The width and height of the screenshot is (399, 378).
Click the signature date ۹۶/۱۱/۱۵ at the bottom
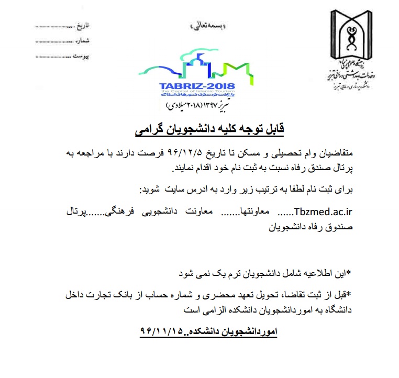pos(163,331)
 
